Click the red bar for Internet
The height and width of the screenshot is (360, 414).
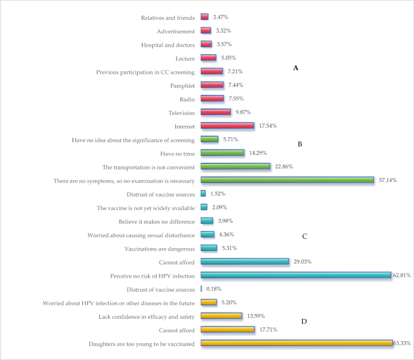[227, 125]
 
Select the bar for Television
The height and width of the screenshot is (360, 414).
[216, 112]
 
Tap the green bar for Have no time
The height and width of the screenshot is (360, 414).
[222, 152]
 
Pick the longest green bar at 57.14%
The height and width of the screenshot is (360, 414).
[288, 180]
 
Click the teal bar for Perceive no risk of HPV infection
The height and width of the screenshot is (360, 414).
[296, 275]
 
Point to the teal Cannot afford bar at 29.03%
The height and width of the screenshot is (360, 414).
[245, 261]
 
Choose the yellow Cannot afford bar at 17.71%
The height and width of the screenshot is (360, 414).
[227, 329]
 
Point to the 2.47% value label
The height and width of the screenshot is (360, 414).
[221, 17]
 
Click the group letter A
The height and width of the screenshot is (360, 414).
[296, 68]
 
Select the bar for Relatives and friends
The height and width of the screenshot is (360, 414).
[204, 17]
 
